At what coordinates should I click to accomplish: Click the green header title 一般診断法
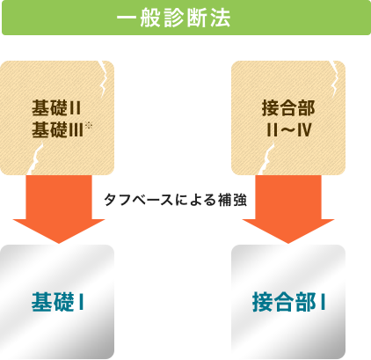pyautogui.click(x=174, y=18)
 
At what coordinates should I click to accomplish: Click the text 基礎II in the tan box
pyautogui.click(x=56, y=108)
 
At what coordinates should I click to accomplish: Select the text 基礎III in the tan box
pyautogui.click(x=58, y=130)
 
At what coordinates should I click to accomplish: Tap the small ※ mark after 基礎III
pyautogui.click(x=89, y=126)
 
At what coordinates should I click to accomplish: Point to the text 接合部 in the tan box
pyautogui.click(x=288, y=108)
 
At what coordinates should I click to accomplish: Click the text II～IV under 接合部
pyautogui.click(x=288, y=130)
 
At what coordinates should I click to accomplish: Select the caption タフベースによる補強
pyautogui.click(x=175, y=200)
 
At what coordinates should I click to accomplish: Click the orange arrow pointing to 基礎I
pyautogui.click(x=59, y=209)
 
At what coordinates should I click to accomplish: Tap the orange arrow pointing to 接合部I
pyautogui.click(x=288, y=209)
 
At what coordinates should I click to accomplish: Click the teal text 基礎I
pyautogui.click(x=58, y=302)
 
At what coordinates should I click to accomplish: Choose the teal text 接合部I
pyautogui.click(x=288, y=302)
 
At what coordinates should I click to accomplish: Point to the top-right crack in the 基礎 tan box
pyautogui.click(x=103, y=78)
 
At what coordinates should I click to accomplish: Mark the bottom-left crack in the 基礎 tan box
pyautogui.click(x=36, y=158)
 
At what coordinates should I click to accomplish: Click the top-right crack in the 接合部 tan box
pyautogui.click(x=333, y=78)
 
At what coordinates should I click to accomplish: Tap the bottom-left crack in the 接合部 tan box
pyautogui.click(x=266, y=158)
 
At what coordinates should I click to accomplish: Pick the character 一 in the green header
pyautogui.click(x=127, y=18)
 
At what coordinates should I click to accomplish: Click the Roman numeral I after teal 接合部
pyautogui.click(x=323, y=302)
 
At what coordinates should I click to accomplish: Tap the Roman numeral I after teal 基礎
pyautogui.click(x=82, y=302)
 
